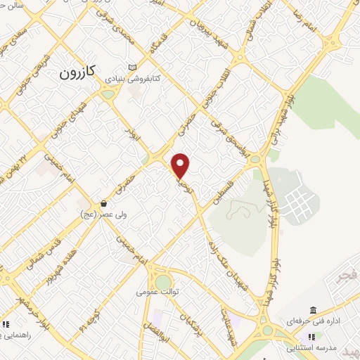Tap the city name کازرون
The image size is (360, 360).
(77, 71)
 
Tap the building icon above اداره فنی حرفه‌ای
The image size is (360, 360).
(313, 310)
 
